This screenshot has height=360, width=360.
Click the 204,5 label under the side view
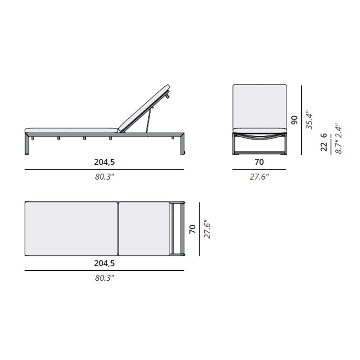click(104, 162)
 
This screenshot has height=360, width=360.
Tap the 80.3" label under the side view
click(105, 177)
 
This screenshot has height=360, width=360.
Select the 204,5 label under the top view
click(104, 263)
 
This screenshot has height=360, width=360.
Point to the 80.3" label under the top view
click(105, 278)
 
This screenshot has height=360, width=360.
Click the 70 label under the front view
click(259, 162)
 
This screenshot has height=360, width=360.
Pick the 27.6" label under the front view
click(260, 177)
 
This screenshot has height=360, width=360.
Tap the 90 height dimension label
click(294, 120)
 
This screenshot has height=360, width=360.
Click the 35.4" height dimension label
click(309, 120)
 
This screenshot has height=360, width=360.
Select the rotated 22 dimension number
click(324, 147)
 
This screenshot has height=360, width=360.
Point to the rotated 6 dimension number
click(324, 135)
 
